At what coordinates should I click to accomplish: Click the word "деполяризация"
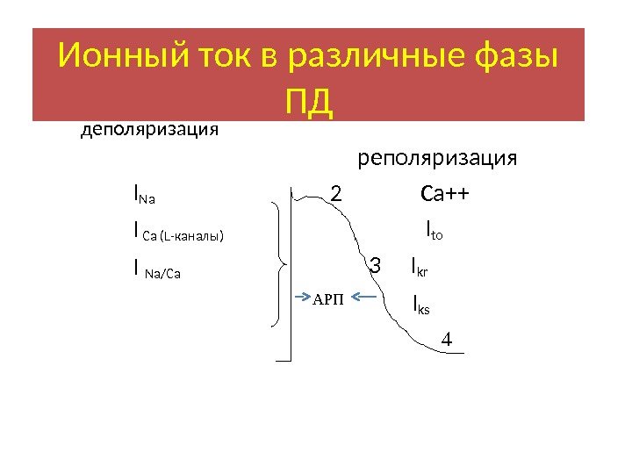[x=149, y=131]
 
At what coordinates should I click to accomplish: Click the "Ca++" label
[x=446, y=192]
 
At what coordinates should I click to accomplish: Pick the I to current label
[x=434, y=231]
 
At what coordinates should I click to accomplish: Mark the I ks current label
[x=421, y=305]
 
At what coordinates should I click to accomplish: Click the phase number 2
[x=335, y=192]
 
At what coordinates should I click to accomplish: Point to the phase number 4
[x=446, y=339]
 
